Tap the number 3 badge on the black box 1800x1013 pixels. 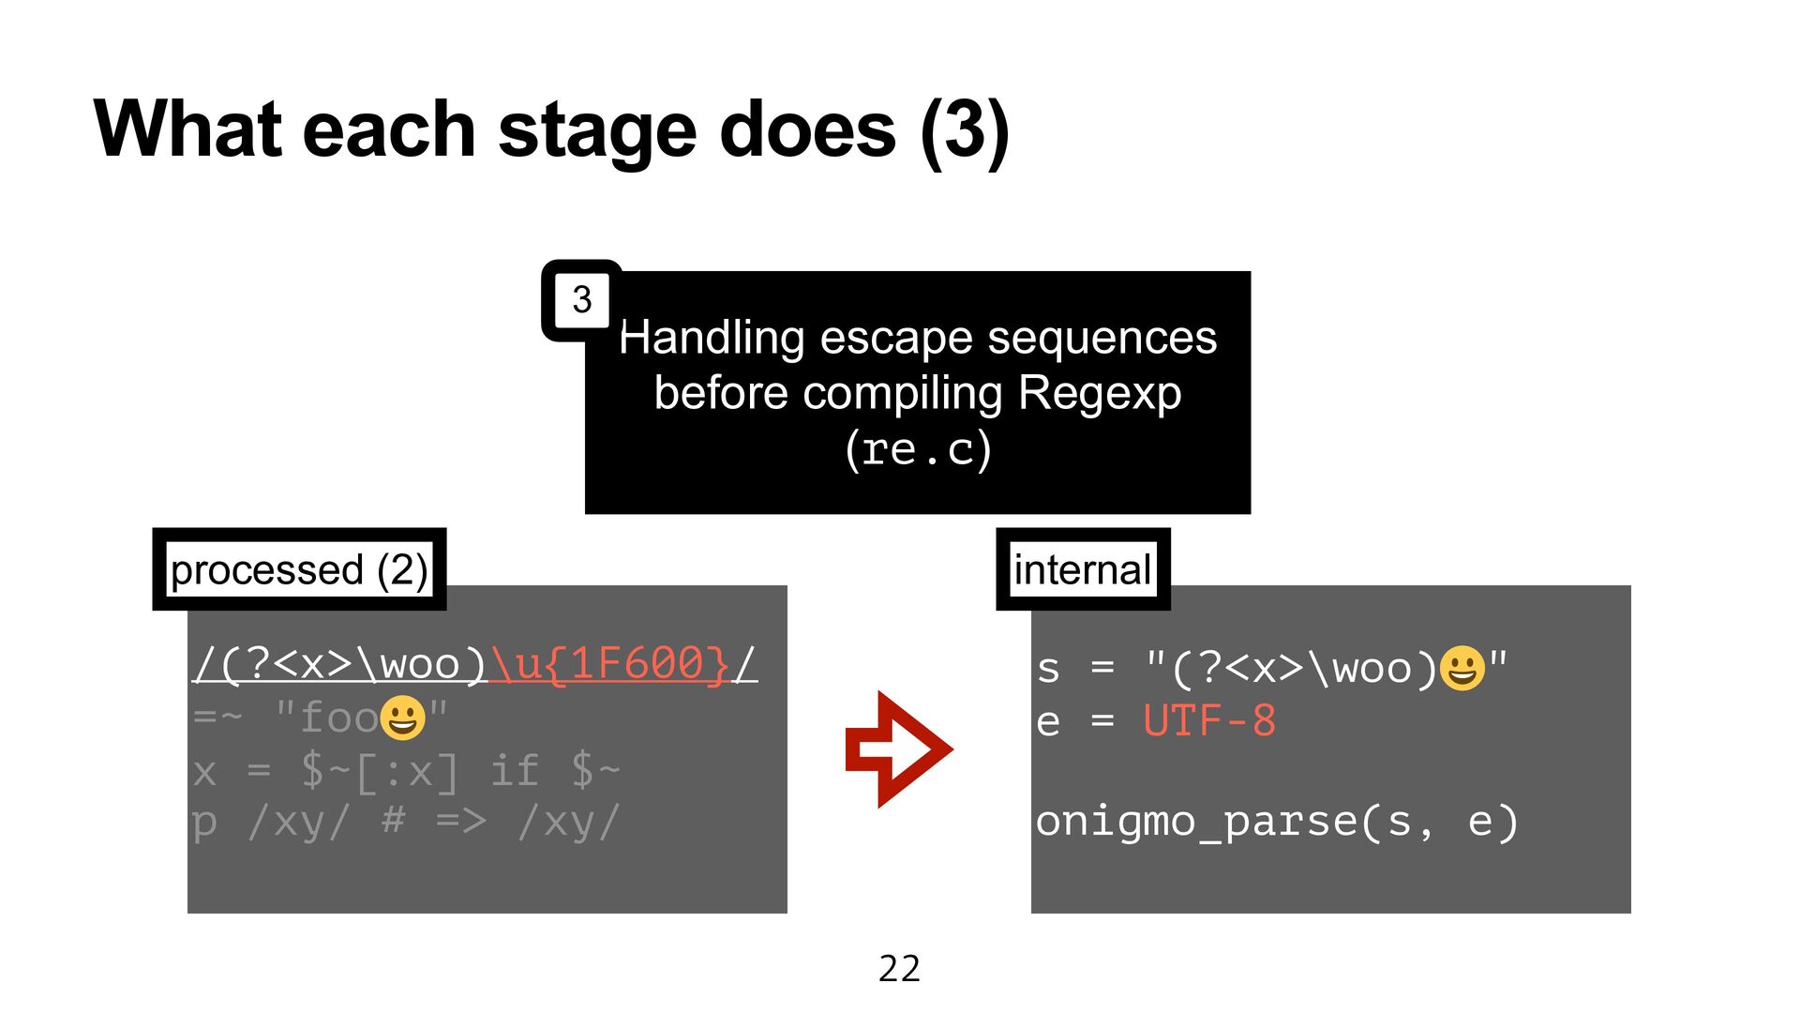(582, 300)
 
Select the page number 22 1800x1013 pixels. (899, 968)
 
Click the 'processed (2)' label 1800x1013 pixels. (299, 569)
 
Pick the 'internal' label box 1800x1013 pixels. (1083, 569)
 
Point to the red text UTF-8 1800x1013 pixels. (1209, 721)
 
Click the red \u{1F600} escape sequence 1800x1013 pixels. (609, 664)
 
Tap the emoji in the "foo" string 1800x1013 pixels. (402, 718)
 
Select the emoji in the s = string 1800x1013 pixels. (1462, 669)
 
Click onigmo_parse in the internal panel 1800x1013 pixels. (1194, 822)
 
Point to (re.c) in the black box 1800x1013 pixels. (918, 448)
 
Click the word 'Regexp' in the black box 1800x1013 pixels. (1099, 392)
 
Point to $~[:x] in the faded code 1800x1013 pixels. (380, 771)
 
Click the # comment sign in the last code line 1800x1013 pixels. (394, 822)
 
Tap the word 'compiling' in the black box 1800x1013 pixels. (902, 392)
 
